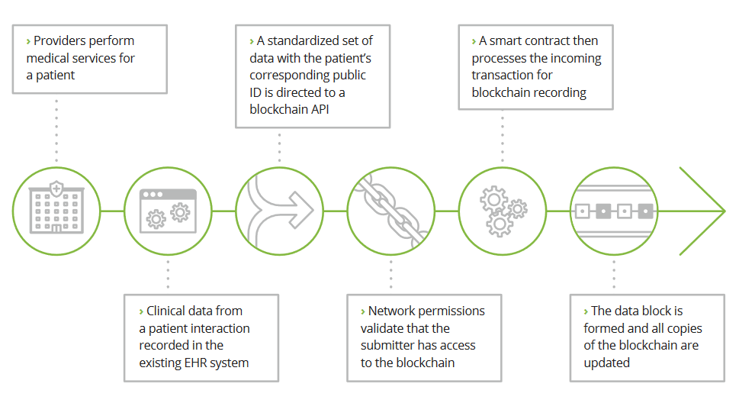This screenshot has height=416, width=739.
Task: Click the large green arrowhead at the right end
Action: [x=705, y=210]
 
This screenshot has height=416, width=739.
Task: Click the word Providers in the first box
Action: [x=62, y=40]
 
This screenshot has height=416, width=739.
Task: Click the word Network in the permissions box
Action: [x=394, y=311]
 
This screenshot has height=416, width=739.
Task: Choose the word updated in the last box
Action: [x=607, y=363]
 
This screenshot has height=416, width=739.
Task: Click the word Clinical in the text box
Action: [x=170, y=311]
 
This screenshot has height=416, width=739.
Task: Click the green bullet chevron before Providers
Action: [x=29, y=41]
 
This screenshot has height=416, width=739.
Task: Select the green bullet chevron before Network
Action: [x=363, y=311]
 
